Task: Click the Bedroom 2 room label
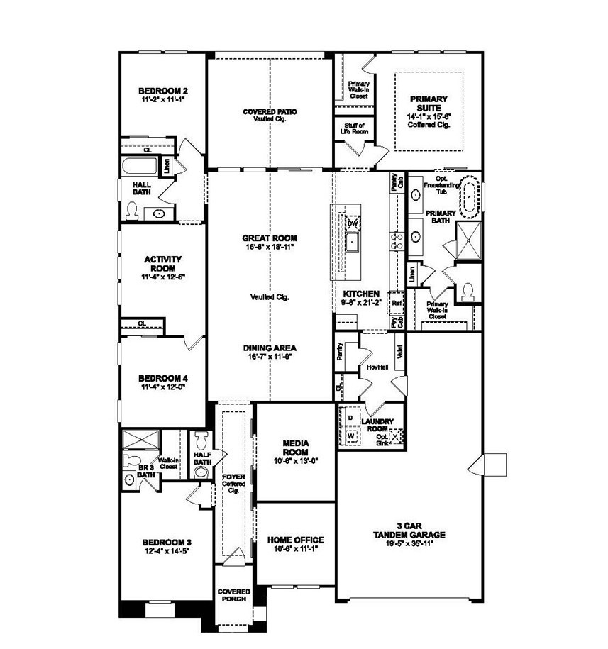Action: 162,91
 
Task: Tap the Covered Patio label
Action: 270,112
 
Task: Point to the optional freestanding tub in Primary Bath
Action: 471,198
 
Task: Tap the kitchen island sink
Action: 351,242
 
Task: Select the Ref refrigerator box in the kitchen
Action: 397,301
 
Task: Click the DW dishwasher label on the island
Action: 351,223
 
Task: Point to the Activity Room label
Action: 163,264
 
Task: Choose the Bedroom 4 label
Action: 162,378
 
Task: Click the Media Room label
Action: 294,447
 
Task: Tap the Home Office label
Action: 295,539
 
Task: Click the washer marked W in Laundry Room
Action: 350,435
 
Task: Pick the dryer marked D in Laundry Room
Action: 350,418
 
